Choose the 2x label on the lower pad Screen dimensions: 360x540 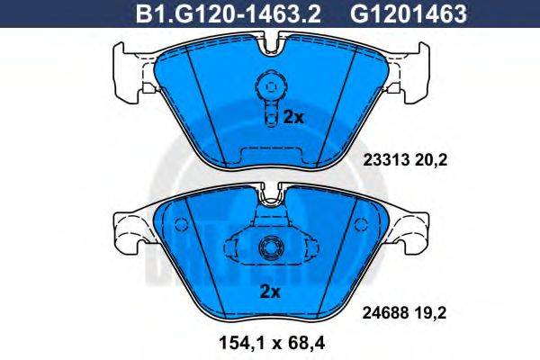[x=270, y=291]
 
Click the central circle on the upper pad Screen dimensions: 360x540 [x=268, y=88]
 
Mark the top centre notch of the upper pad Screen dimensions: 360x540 [x=269, y=40]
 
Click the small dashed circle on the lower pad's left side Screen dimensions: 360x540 [x=181, y=221]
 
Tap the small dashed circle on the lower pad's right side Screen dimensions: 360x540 [x=359, y=221]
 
